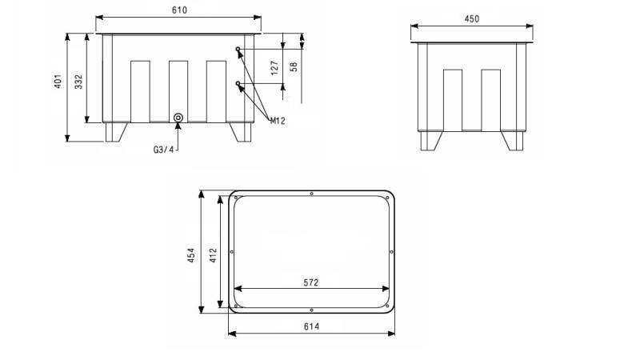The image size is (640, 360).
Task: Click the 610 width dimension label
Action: click(x=178, y=10)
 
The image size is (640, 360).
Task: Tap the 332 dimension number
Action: click(x=79, y=82)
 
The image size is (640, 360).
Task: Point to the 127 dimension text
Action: click(x=274, y=68)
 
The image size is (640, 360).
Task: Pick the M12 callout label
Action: click(x=278, y=121)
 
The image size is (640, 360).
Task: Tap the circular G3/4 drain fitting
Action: click(x=178, y=118)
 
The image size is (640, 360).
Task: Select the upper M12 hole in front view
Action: click(x=238, y=50)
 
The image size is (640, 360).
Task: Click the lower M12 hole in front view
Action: click(x=238, y=84)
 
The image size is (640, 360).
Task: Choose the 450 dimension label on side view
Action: click(x=471, y=19)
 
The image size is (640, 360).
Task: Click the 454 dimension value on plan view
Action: click(x=192, y=254)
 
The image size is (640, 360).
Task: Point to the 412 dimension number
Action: click(x=213, y=254)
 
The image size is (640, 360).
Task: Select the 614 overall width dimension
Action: click(x=312, y=326)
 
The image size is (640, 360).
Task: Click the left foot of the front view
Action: click(x=116, y=131)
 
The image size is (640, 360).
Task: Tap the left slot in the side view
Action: click(x=453, y=99)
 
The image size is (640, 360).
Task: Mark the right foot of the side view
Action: click(x=511, y=140)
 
